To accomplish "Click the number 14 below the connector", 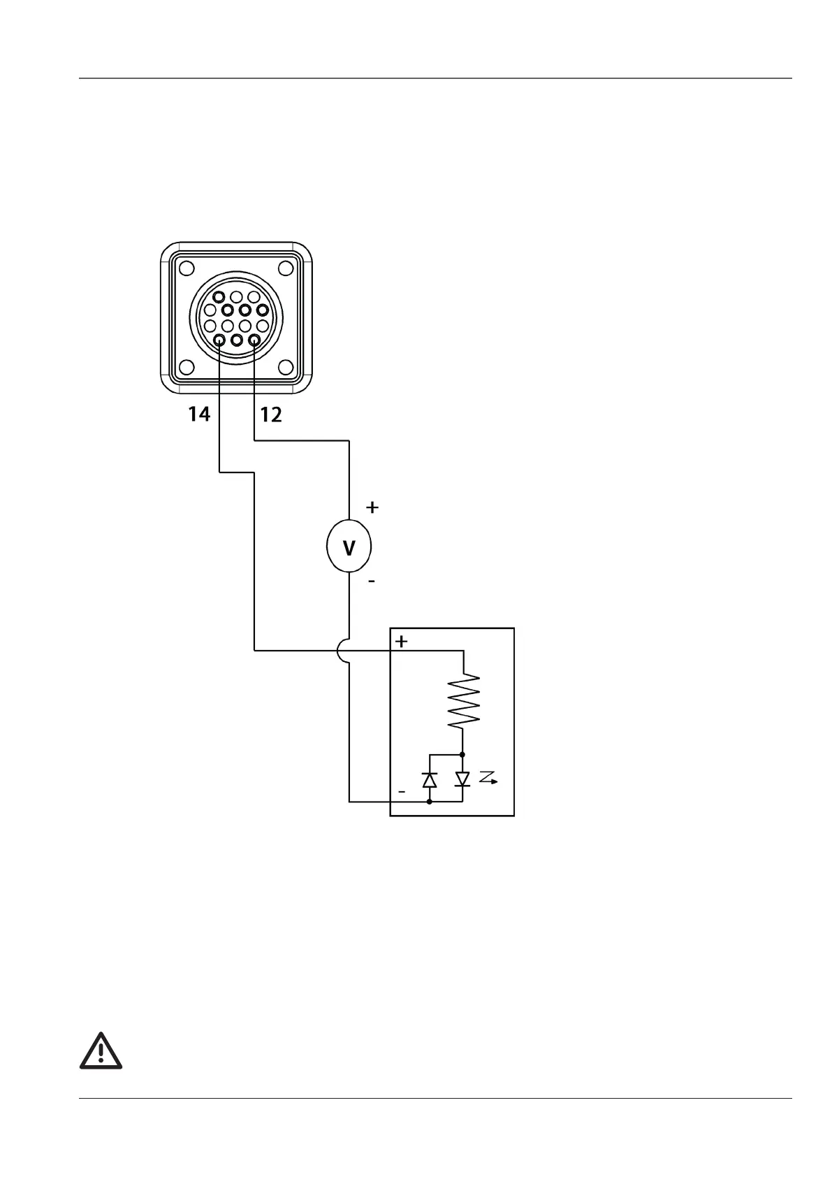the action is [198, 414].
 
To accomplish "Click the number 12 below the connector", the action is [271, 415].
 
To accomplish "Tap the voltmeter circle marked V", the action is [349, 547].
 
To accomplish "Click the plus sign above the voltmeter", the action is [372, 507].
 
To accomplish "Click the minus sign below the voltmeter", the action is [371, 581].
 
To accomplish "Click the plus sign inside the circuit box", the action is [402, 642].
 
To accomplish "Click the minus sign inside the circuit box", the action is [402, 791].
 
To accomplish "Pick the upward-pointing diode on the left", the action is [430, 779].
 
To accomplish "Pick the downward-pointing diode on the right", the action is [462, 779].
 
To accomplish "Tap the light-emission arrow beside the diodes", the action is [489, 778].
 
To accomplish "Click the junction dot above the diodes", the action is [462, 755].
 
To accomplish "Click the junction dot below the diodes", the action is [430, 802].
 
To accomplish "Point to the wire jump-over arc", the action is [342, 651].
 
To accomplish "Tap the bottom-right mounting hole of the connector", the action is [285, 367].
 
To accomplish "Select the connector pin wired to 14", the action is [219, 340].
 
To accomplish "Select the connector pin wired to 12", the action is [254, 340].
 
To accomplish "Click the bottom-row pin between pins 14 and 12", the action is [237, 340].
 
